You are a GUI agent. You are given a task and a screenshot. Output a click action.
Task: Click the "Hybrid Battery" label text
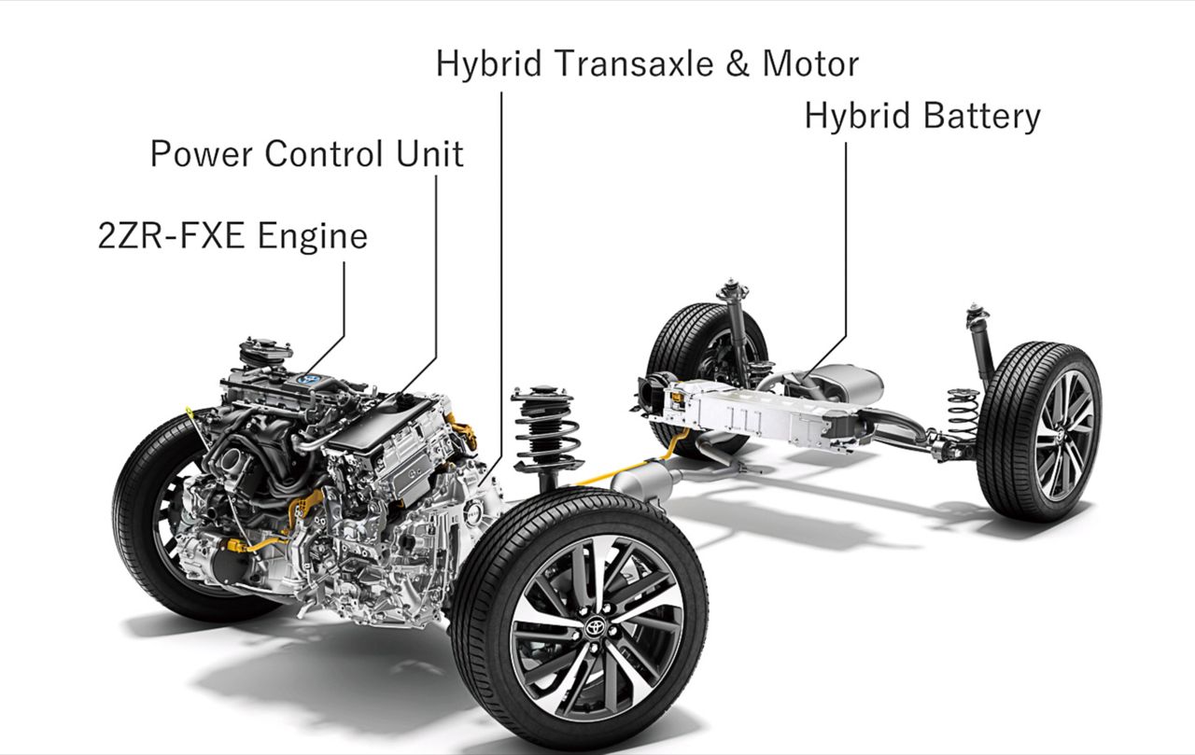[922, 117]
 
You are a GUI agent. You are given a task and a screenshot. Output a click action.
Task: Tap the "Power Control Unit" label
[307, 154]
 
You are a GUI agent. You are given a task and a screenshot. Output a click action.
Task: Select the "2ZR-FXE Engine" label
[233, 236]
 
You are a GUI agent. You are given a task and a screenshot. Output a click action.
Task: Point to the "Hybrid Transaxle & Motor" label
[648, 63]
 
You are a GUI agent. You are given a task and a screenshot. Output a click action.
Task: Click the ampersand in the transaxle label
[738, 63]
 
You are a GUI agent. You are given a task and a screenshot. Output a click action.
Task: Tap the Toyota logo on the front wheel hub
[595, 626]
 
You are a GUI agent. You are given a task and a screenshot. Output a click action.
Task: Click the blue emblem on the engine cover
[308, 380]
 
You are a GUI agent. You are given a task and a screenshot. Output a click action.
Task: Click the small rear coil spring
[963, 410]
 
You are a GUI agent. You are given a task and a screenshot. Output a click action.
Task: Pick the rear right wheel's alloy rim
[1064, 436]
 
